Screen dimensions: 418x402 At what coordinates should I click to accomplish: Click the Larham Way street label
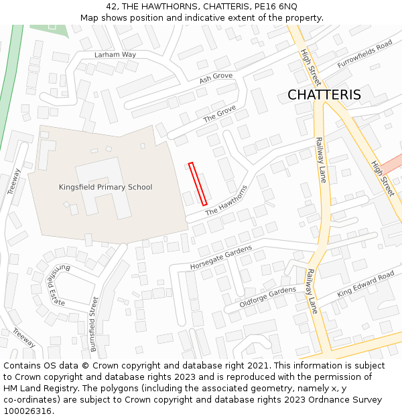[x=115, y=54]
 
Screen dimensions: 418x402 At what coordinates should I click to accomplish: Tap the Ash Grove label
[x=216, y=78]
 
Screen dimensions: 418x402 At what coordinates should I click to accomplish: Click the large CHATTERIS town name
[x=324, y=95]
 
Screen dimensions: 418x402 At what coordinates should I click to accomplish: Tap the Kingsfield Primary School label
[x=105, y=187]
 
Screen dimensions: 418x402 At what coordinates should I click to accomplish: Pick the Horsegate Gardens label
[x=220, y=257]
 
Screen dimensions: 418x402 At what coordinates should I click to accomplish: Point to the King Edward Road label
[x=366, y=284]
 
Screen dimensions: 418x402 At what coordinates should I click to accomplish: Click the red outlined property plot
[x=198, y=184]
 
